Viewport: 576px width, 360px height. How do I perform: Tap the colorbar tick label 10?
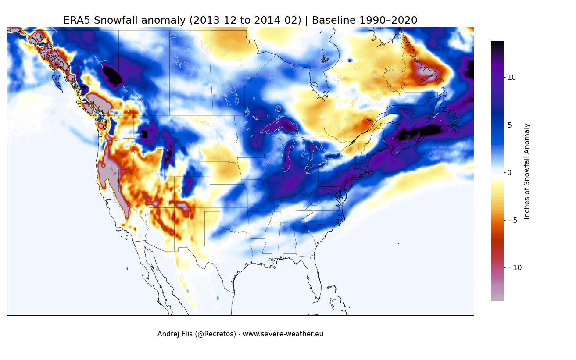click(x=512, y=77)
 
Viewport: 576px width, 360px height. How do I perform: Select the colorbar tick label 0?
click(x=509, y=172)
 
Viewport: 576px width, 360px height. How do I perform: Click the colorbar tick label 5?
click(x=509, y=125)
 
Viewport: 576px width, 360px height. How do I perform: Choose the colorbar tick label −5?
click(x=512, y=220)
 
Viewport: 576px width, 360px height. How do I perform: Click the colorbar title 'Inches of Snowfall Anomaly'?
click(x=527, y=171)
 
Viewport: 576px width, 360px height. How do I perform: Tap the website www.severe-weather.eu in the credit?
click(x=283, y=334)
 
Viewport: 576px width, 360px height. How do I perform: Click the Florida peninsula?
click(x=312, y=276)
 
